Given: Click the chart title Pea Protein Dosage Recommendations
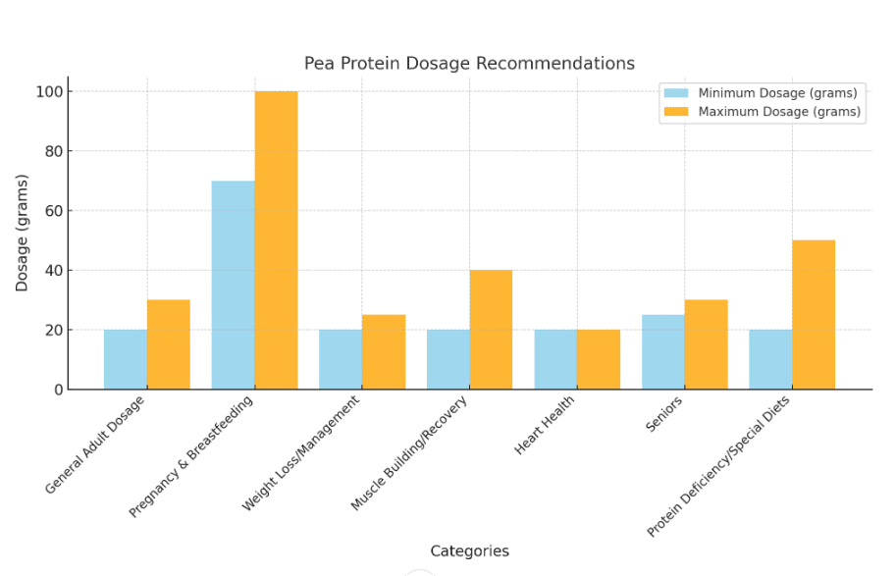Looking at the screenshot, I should pyautogui.click(x=469, y=64).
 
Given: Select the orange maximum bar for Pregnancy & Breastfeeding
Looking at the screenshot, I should pyautogui.click(x=276, y=240).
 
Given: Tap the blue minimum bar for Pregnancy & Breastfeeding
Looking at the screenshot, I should pyautogui.click(x=233, y=285).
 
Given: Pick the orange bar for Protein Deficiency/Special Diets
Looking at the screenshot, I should pyautogui.click(x=814, y=314).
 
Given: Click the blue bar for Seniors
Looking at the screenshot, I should pyautogui.click(x=663, y=351).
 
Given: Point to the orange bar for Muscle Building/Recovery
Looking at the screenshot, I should pyautogui.click(x=491, y=330).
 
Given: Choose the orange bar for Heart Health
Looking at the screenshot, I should pyautogui.click(x=599, y=359).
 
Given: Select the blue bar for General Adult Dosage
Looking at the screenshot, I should pyautogui.click(x=126, y=359).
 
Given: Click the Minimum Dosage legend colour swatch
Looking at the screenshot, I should pyautogui.click(x=677, y=93).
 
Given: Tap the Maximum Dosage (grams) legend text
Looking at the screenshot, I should pyautogui.click(x=779, y=112).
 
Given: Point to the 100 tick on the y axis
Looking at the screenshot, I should pyautogui.click(x=50, y=92).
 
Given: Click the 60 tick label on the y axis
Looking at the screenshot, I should pyautogui.click(x=54, y=211).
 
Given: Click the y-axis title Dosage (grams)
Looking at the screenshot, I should pyautogui.click(x=23, y=233).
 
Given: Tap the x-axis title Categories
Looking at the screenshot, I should pyautogui.click(x=469, y=551).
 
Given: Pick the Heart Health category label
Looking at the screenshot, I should pyautogui.click(x=545, y=425).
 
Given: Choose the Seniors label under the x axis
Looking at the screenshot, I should pyautogui.click(x=665, y=413).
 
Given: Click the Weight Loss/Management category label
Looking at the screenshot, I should pyautogui.click(x=301, y=452).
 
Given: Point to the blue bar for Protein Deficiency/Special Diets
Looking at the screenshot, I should pyautogui.click(x=770, y=359).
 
